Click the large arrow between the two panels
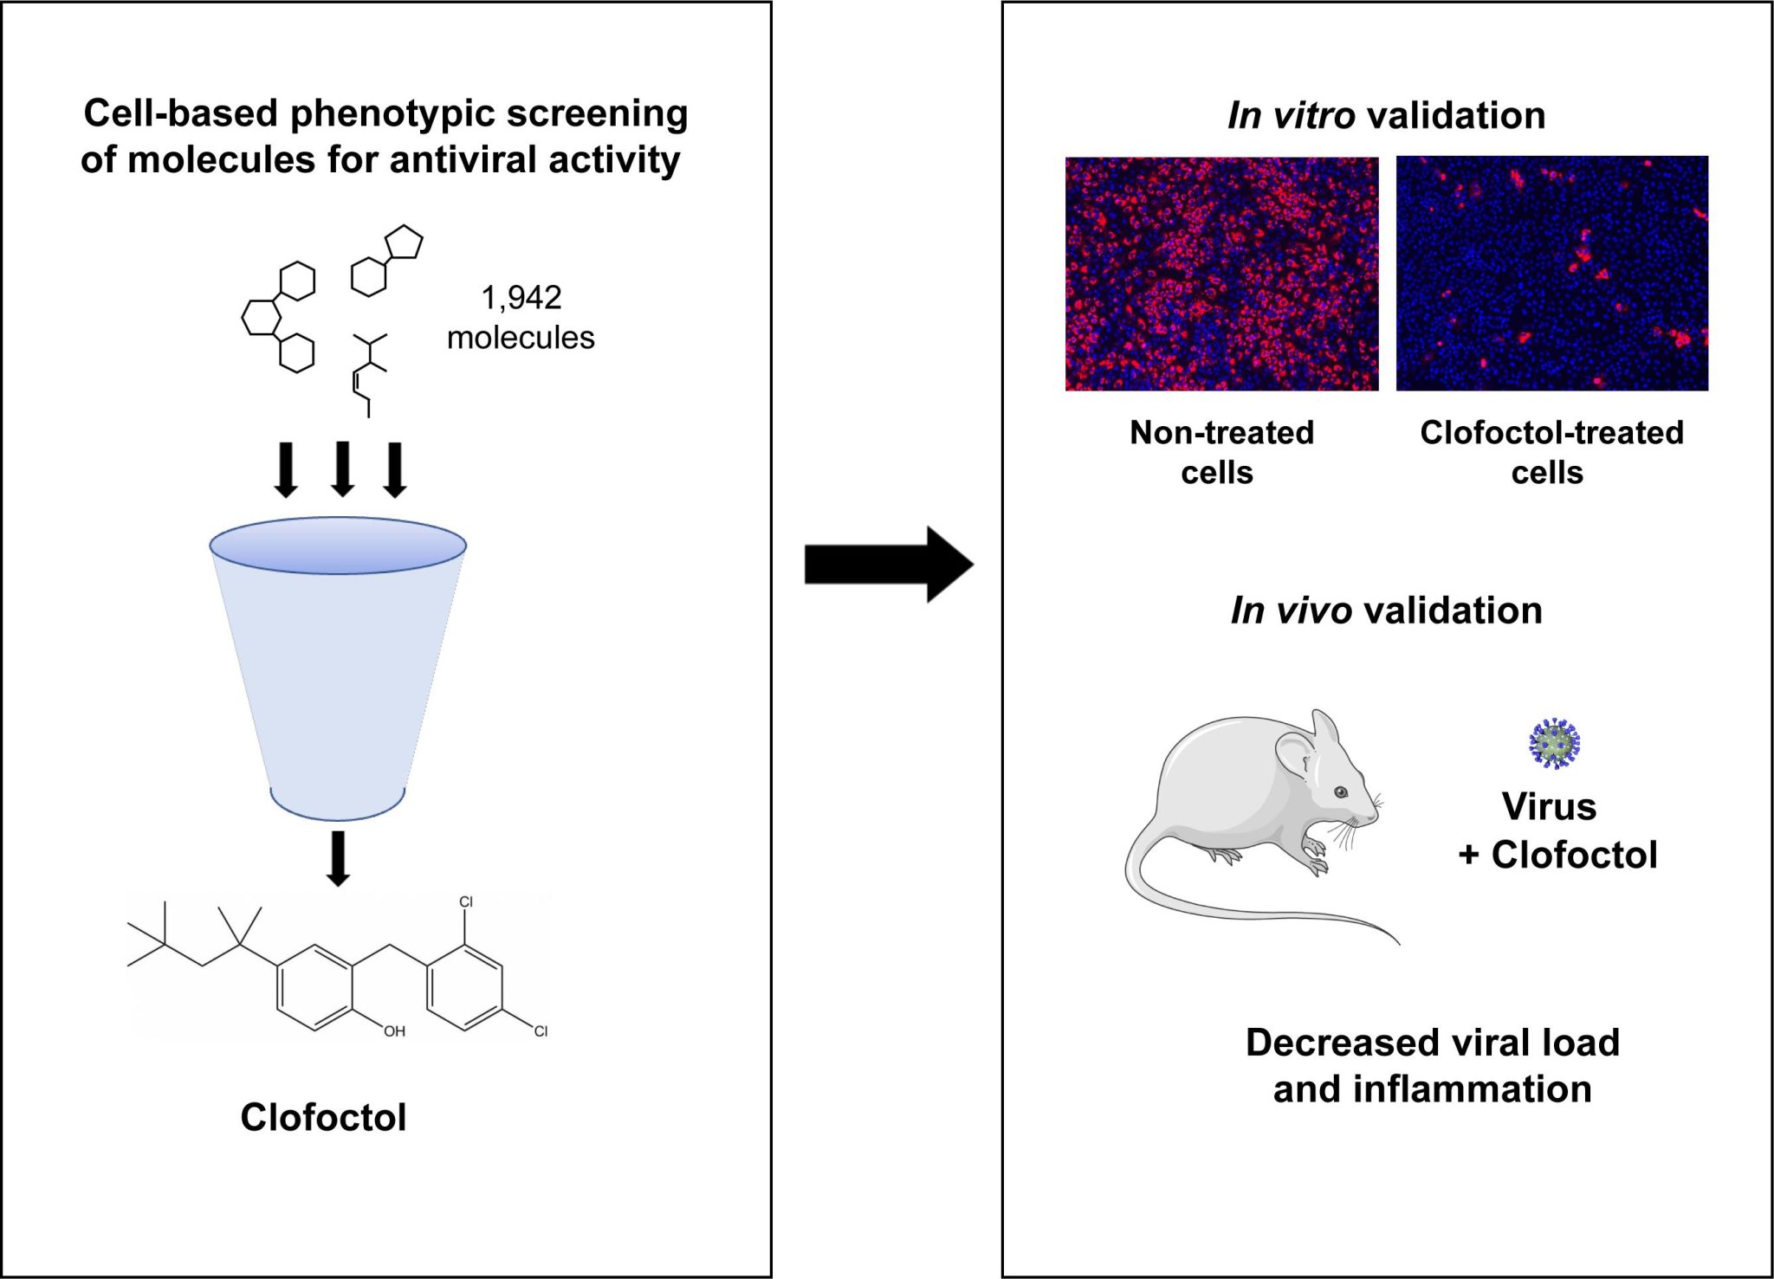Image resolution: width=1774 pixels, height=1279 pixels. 888,565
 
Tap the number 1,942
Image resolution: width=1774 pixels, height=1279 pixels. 521,298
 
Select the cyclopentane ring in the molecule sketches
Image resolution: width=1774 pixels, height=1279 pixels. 404,243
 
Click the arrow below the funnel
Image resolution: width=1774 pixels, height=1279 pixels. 338,857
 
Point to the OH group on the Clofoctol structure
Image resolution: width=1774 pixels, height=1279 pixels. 394,1031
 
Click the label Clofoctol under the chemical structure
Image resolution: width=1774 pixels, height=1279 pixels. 323,1117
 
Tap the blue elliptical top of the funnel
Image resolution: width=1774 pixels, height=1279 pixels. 338,545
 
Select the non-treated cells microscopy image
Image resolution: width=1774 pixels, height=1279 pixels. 1221,274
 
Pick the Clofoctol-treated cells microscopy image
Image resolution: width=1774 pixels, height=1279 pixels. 1551,274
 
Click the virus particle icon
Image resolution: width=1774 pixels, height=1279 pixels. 1554,744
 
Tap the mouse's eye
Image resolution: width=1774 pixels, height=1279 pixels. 1340,791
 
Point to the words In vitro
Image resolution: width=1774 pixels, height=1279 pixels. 1290,115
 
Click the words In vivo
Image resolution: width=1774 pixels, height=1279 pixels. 1290,610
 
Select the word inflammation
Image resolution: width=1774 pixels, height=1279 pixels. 1472,1089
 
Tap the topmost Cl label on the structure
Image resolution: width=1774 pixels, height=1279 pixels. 466,902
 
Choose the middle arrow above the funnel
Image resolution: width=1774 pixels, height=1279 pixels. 343,468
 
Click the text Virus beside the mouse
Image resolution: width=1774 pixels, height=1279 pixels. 1549,806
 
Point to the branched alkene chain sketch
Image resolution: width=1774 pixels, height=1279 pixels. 368,373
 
